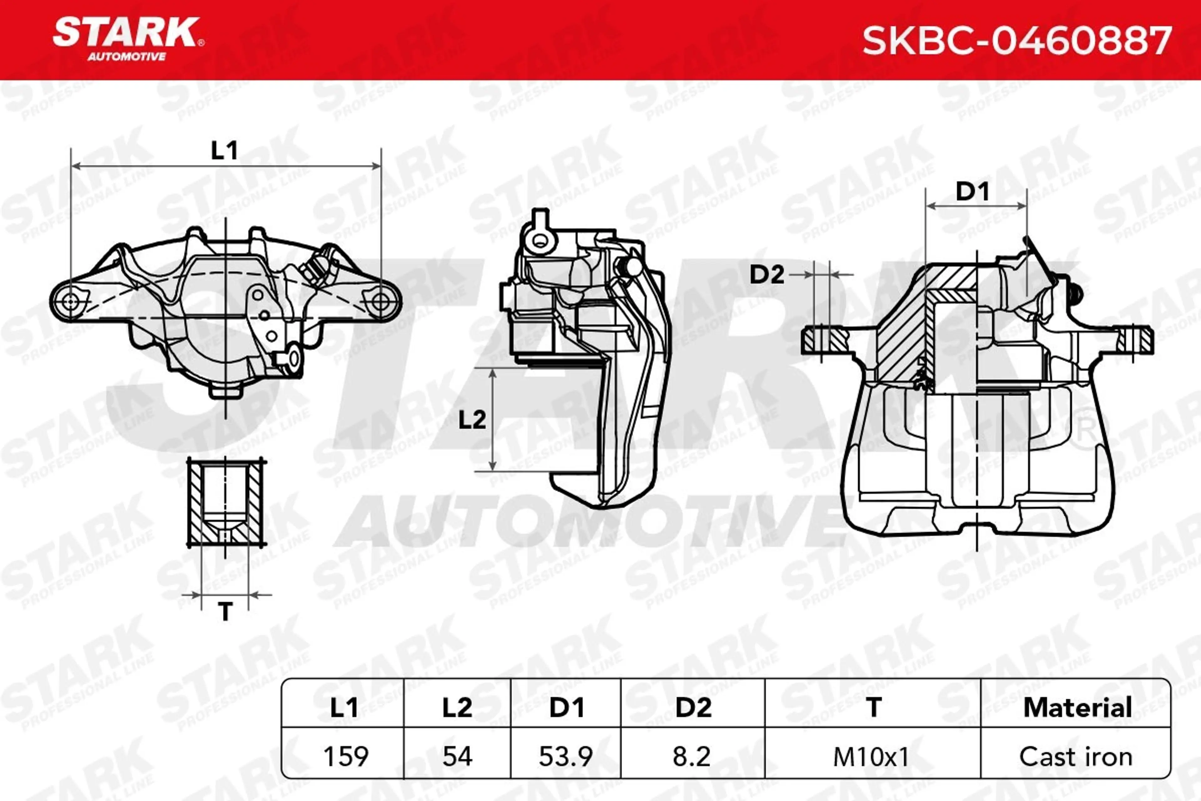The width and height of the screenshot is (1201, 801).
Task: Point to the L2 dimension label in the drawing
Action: click(x=472, y=420)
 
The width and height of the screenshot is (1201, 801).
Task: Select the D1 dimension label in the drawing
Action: click(x=972, y=191)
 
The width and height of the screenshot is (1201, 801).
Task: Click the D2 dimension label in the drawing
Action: click(x=767, y=275)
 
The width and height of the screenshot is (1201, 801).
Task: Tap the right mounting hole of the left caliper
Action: click(x=380, y=301)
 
